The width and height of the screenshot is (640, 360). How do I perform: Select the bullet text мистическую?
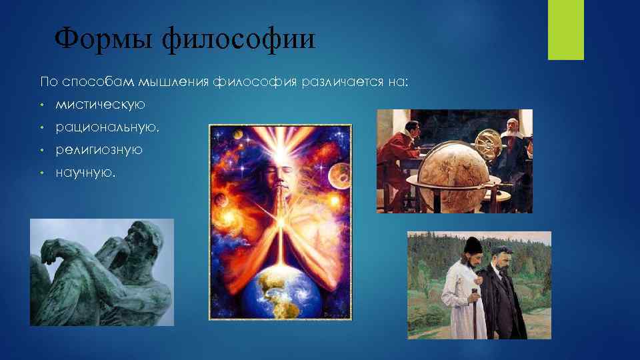tap(100, 105)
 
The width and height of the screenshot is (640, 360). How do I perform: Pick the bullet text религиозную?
tap(99, 149)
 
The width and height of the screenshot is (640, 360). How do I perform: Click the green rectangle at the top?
tap(565, 30)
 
